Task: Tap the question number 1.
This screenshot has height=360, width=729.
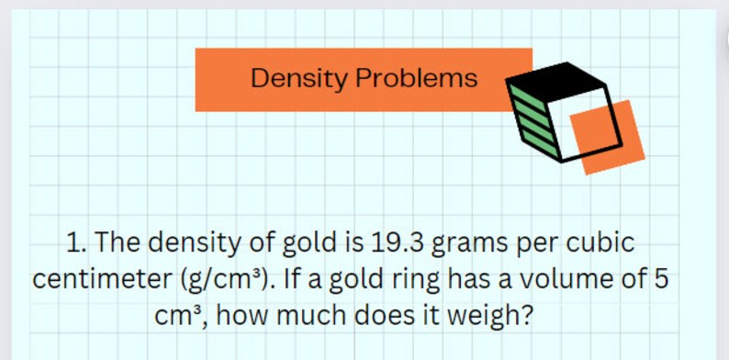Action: click(76, 244)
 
